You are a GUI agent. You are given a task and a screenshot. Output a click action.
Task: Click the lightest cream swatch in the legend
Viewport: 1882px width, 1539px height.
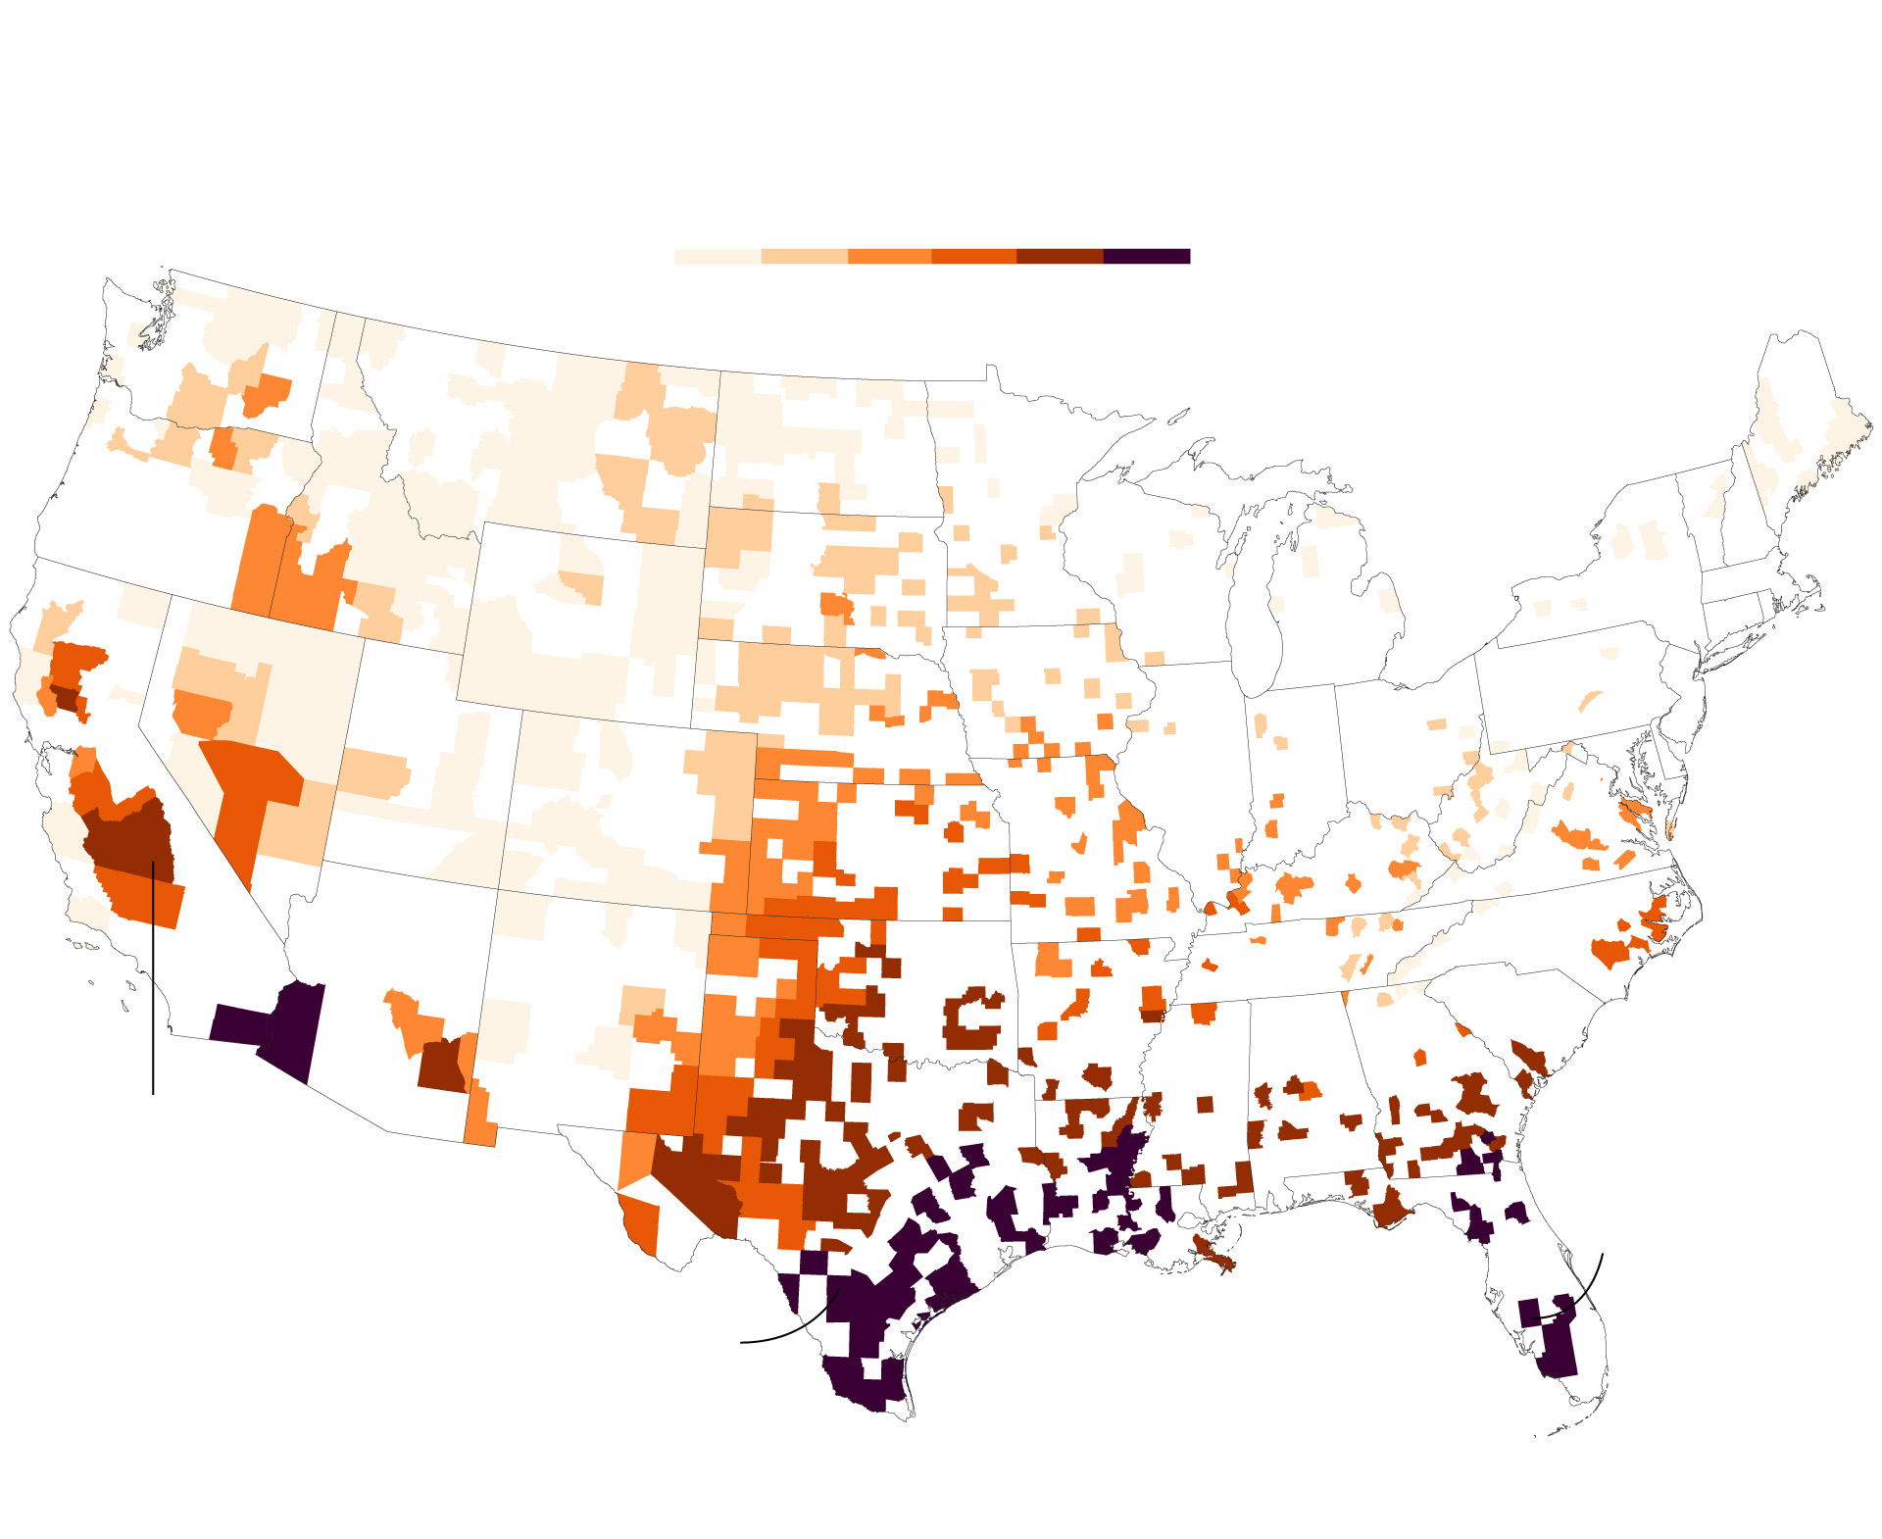pyautogui.click(x=717, y=256)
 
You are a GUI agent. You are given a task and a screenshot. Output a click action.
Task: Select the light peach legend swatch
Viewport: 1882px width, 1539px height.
pyautogui.click(x=804, y=256)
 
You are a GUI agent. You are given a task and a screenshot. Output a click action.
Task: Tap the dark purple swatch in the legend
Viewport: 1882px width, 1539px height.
pyautogui.click(x=1146, y=256)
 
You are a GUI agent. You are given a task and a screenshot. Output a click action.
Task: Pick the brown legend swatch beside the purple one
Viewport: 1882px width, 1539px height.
pyautogui.click(x=1060, y=256)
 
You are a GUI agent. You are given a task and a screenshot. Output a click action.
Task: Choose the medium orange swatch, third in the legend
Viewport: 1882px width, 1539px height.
pyautogui.click(x=889, y=256)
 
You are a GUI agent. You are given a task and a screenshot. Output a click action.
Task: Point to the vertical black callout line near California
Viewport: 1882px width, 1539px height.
pyautogui.click(x=153, y=980)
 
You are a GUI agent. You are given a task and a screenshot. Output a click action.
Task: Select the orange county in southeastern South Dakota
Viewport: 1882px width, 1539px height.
pyautogui.click(x=836, y=604)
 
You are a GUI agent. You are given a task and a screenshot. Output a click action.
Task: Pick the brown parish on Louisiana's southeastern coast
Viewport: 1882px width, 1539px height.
pyautogui.click(x=1212, y=1253)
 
